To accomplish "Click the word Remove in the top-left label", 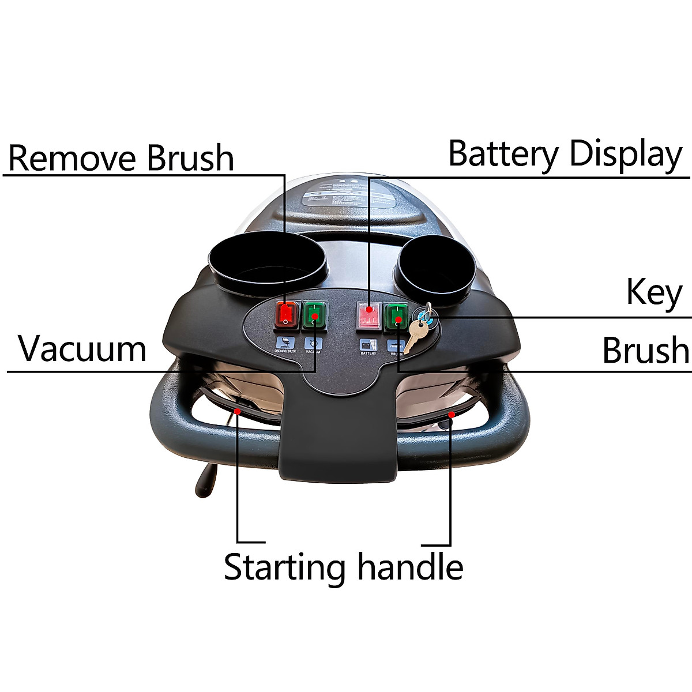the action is pyautogui.click(x=73, y=158).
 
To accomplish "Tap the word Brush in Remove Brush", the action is pyautogui.click(x=190, y=158).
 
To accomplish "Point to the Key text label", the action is pyautogui.click(x=654, y=293).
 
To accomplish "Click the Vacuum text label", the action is pyautogui.click(x=82, y=348).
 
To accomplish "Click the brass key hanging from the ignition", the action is pyautogui.click(x=415, y=335).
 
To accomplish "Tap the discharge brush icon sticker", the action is pyautogui.click(x=285, y=344).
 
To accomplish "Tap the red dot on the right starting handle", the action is pyautogui.click(x=452, y=414).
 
